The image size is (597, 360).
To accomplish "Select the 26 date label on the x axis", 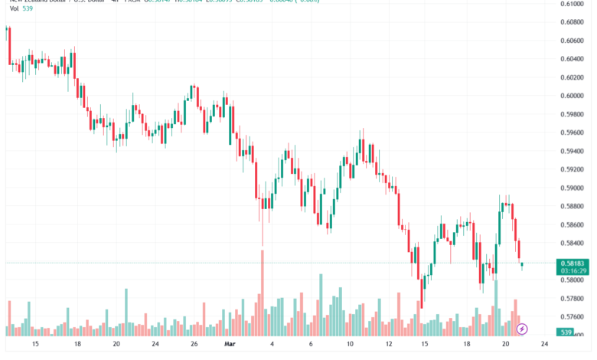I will click(194, 345).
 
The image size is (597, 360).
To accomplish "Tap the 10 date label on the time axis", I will click(349, 345).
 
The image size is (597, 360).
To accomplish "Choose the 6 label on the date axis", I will click(311, 345).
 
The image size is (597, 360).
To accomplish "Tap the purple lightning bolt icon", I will click(522, 329).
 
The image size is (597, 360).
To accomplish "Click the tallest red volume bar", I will click(263, 291).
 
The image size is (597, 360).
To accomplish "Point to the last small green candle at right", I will click(522, 265).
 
